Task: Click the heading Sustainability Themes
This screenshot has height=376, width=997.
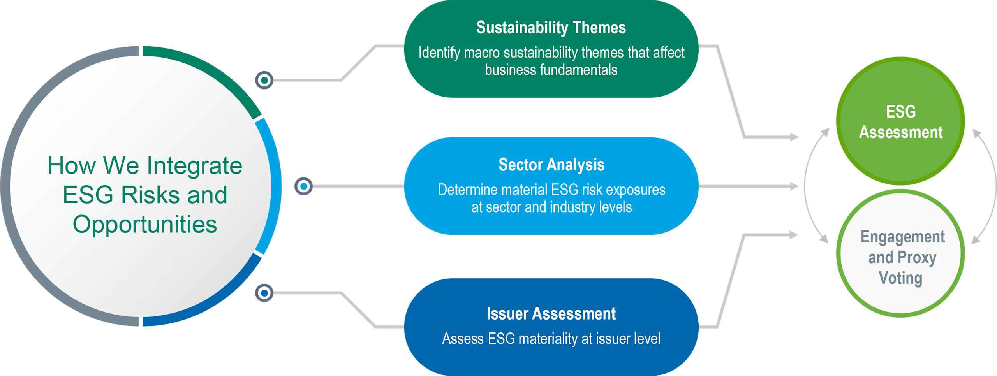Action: pyautogui.click(x=551, y=28)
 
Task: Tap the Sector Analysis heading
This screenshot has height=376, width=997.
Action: pyautogui.click(x=551, y=165)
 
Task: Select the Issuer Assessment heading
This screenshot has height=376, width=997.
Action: pyautogui.click(x=551, y=314)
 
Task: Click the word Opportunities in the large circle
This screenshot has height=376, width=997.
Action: pyautogui.click(x=145, y=225)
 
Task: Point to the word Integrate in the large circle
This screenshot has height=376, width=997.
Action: pyautogui.click(x=194, y=166)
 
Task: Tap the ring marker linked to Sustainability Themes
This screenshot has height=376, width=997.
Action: pyautogui.click(x=264, y=80)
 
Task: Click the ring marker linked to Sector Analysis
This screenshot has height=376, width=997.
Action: pyautogui.click(x=303, y=186)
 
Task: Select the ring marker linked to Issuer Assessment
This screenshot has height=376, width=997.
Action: pyautogui.click(x=264, y=293)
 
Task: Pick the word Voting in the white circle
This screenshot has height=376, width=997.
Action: pyautogui.click(x=900, y=278)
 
